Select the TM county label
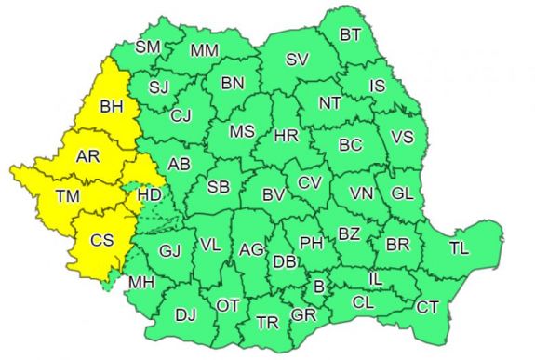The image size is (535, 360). click(67, 196)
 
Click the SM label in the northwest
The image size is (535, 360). click(147, 47)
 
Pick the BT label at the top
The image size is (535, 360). click(351, 35)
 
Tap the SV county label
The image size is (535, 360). click(297, 60)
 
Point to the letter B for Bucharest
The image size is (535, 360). click(319, 287)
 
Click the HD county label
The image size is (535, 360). click(149, 195)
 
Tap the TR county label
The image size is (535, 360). click(267, 323)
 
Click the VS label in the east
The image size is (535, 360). click(402, 137)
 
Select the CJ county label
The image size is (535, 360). click(181, 116)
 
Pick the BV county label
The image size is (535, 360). click(273, 195)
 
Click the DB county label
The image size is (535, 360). click(285, 263)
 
